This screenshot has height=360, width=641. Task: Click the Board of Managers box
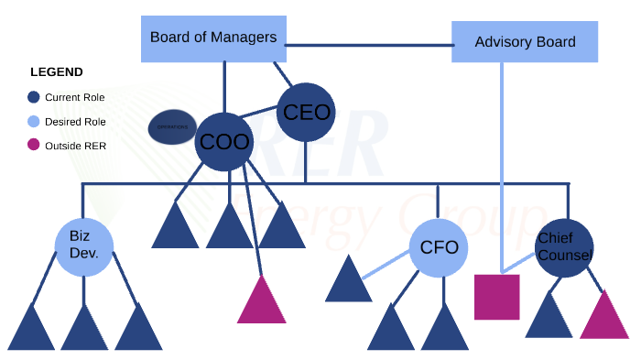tap(212, 38)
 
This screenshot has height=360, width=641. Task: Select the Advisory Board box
tap(525, 42)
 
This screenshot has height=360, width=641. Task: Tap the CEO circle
tap(306, 113)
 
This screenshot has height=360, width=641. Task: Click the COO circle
tap(224, 142)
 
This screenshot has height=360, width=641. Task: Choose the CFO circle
tap(439, 246)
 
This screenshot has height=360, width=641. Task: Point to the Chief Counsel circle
tap(564, 246)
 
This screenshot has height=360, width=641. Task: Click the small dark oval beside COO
tap(172, 126)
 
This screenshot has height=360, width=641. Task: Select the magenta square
tap(497, 296)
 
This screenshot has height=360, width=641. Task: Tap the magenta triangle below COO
tap(262, 304)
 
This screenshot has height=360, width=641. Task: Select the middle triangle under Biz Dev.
tap(84, 332)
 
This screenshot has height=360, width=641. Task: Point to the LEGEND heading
tap(57, 72)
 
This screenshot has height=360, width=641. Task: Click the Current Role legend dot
tap(34, 96)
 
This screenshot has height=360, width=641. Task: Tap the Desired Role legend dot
tap(34, 121)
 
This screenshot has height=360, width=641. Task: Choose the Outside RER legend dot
tap(34, 145)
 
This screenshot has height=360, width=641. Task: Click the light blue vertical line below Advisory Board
tap(501, 165)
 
